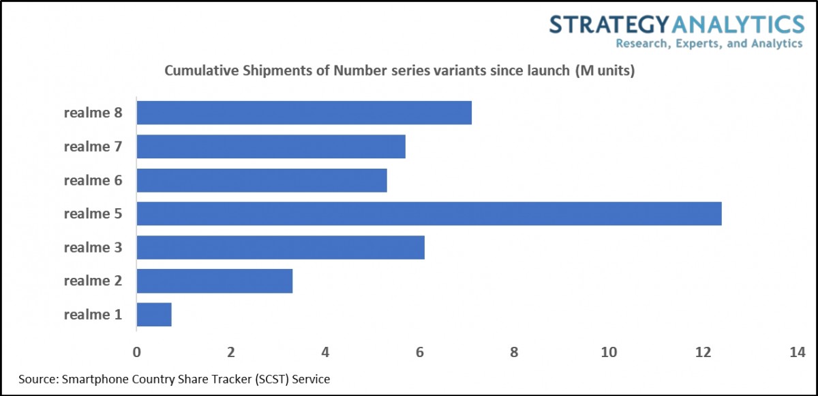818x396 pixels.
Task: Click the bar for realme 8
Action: pos(304,113)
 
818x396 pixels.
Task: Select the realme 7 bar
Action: pos(271,146)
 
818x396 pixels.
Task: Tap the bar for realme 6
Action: pos(262,180)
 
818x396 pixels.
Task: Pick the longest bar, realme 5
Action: pos(429,214)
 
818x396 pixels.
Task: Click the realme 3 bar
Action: pos(280,247)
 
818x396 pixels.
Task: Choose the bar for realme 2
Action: pos(215,281)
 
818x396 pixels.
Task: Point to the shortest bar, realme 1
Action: pos(154,315)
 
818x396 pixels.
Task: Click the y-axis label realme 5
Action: pos(93,214)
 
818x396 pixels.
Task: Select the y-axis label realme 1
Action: pos(93,315)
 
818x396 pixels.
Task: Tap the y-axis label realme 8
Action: pos(93,113)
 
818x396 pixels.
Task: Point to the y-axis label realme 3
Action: pos(93,247)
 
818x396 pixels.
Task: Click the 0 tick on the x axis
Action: pos(137,352)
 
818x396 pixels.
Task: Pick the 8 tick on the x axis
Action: pos(514,352)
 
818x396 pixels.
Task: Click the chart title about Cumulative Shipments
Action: pos(399,71)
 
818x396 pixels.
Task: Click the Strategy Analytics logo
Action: pos(676,25)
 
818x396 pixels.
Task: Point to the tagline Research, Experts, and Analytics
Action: pos(709,44)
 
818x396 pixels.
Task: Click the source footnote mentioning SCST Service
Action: pos(179,378)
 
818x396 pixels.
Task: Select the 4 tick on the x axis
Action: pos(325,352)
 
